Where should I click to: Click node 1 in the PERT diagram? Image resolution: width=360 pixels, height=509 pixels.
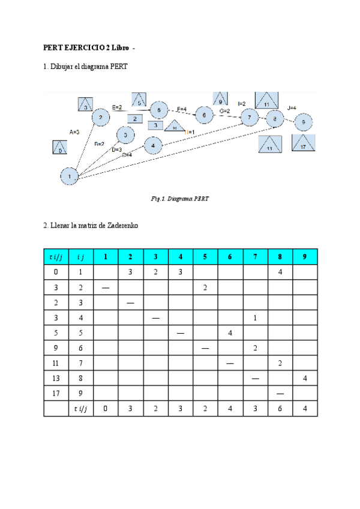pos(70,176)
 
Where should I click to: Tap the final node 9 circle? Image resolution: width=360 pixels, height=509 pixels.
pos(304,122)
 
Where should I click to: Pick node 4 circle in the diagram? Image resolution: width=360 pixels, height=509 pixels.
pos(153,145)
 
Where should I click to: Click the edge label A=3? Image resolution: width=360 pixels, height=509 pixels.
pos(74,131)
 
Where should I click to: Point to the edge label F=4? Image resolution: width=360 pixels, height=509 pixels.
pos(181,109)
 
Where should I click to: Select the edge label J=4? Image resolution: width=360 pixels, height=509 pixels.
pos(292,107)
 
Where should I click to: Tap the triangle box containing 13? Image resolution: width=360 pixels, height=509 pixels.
pos(270,145)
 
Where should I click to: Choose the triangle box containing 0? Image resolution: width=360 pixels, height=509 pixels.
pos(60,148)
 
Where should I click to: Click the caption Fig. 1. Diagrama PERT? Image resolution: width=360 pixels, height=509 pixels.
pos(180,198)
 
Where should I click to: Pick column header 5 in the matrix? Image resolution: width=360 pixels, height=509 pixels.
pos(205,257)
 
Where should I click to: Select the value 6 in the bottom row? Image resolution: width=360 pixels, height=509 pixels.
pos(280,409)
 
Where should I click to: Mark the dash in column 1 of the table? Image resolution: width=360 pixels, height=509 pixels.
pos(106,288)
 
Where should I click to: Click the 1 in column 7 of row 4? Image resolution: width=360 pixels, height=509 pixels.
pos(255,318)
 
